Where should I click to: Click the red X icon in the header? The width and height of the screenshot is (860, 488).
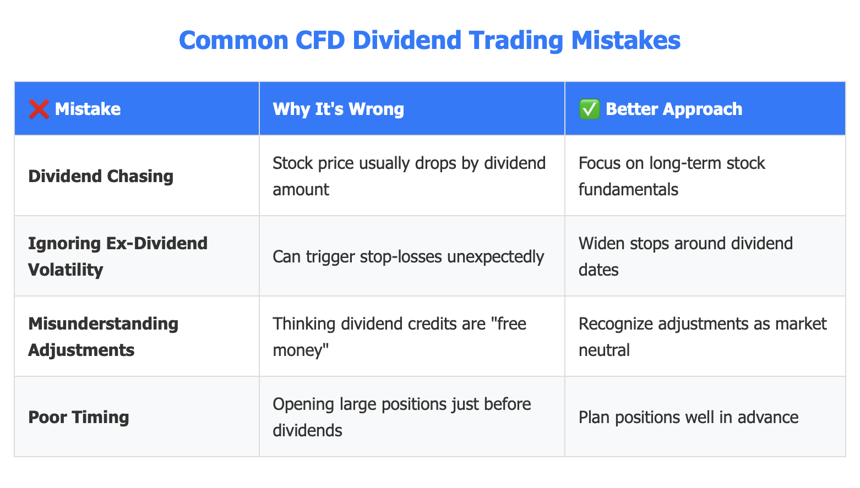click(x=39, y=109)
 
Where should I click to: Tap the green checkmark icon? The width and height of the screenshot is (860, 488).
click(x=589, y=109)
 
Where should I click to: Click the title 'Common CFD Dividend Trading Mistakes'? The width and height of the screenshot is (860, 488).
click(x=429, y=40)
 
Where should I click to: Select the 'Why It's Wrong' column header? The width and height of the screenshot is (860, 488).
click(x=338, y=109)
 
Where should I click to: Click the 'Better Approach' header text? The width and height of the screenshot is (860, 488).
click(x=674, y=109)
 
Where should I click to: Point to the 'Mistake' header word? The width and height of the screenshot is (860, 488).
click(x=88, y=109)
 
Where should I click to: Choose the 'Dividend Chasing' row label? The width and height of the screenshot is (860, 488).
click(x=101, y=177)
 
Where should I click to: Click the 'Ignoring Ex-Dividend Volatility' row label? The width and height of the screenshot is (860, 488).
click(x=117, y=257)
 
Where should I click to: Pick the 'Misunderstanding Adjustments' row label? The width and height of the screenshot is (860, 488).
click(x=103, y=337)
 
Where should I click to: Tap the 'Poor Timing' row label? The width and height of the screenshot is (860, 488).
click(x=78, y=418)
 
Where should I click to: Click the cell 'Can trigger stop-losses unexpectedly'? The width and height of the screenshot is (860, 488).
click(x=408, y=257)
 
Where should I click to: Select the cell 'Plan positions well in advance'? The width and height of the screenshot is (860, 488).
click(x=688, y=418)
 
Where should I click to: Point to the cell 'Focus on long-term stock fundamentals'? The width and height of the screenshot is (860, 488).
click(x=672, y=177)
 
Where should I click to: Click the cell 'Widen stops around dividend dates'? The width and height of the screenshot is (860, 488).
click(x=685, y=257)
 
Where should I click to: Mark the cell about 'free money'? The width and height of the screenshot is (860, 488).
click(x=399, y=337)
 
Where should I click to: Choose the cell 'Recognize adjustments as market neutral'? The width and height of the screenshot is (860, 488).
click(x=702, y=337)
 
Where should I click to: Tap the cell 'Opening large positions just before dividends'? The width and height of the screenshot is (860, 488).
click(x=401, y=418)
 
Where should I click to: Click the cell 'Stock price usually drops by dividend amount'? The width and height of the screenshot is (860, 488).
click(x=409, y=177)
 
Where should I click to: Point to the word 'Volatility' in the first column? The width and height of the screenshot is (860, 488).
click(x=66, y=270)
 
